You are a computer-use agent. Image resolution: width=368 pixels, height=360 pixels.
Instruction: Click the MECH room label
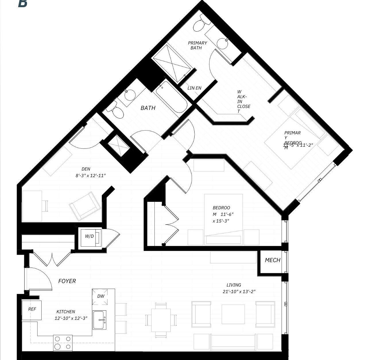point(272,260)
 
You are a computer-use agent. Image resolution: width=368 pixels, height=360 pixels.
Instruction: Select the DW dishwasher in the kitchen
point(100,297)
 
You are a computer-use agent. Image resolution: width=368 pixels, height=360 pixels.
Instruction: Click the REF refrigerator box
point(32,309)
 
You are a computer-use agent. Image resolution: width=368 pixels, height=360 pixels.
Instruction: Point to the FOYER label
point(67,281)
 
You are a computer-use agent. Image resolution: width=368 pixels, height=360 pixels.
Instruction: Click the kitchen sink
point(100,320)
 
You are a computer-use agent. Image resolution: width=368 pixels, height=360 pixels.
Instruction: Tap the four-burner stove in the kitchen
point(63,343)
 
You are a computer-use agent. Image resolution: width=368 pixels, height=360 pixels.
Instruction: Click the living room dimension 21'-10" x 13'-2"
point(239,292)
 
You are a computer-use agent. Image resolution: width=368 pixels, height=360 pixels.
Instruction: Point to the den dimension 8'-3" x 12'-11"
point(91,175)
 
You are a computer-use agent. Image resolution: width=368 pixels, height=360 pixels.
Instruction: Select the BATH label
point(148,108)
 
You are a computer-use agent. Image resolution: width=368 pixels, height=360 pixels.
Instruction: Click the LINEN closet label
point(194,88)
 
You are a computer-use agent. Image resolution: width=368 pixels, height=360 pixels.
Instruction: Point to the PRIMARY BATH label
point(197,45)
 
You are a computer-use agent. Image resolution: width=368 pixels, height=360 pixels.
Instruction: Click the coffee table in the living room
point(233,314)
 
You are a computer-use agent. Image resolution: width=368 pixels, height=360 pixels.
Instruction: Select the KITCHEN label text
point(66,312)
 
